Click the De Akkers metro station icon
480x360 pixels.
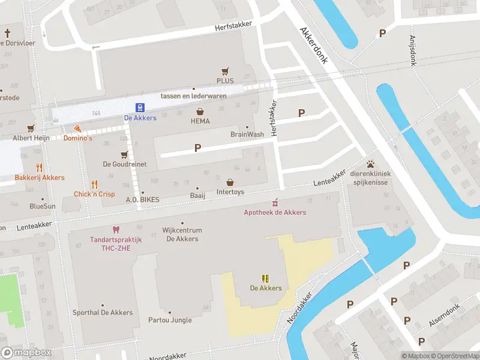tap(140, 108)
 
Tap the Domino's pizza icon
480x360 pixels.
tap(77, 128)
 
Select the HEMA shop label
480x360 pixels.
tap(200, 121)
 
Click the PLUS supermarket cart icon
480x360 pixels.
tap(225, 71)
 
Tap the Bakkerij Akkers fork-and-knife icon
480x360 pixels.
tap(40, 168)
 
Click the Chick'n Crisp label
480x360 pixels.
tap(94, 194)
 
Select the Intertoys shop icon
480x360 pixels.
tap(230, 182)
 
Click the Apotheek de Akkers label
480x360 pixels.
tap(275, 212)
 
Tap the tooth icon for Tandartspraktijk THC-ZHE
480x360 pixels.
tap(116, 230)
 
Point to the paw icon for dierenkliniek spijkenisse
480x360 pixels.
tap(371, 163)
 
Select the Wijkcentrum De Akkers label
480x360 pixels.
tap(182, 235)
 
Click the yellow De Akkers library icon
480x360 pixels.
tap(265, 278)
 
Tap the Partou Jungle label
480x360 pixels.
tap(170, 320)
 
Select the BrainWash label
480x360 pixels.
tap(247, 134)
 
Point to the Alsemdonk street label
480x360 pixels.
tap(444, 316)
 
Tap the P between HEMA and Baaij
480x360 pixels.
tap(197, 148)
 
